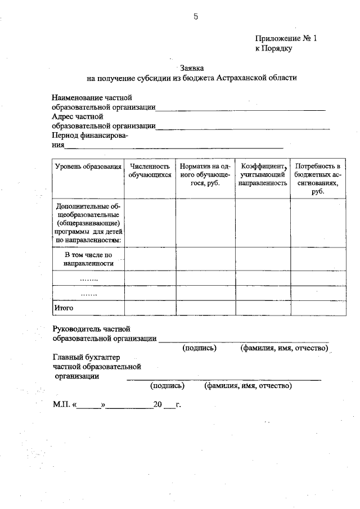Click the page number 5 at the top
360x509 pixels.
(196, 16)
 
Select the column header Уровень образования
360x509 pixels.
(88, 166)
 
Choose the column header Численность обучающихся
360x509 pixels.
(150, 170)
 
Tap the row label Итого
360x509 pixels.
(64, 308)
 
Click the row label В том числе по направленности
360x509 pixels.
(88, 259)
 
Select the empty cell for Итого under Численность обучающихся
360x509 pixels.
(150, 308)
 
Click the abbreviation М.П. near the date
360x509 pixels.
(61, 404)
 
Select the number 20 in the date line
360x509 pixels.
(157, 404)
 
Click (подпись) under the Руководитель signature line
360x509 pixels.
(199, 348)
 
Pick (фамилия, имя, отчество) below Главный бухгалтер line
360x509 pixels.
(248, 386)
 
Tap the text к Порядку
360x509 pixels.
(274, 48)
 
